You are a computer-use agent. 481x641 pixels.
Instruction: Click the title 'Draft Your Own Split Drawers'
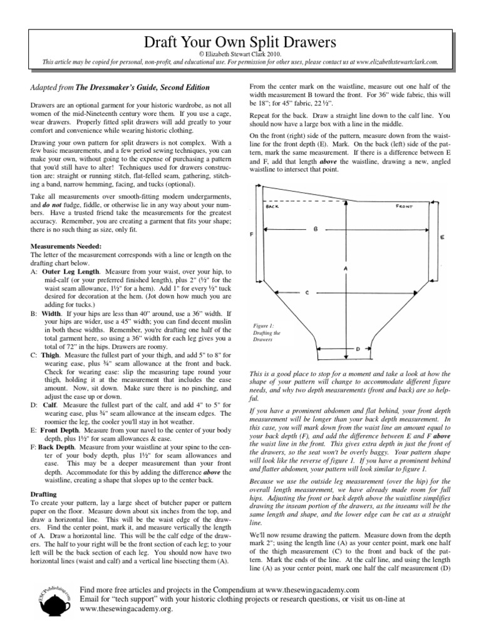[x=240, y=43]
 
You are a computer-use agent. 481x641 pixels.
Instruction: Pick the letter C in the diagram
[x=307, y=292]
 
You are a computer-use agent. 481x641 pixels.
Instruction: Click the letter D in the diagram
[x=356, y=348]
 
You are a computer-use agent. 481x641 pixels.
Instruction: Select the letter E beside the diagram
[x=442, y=238]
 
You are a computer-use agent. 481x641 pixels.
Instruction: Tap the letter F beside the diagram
[x=251, y=235]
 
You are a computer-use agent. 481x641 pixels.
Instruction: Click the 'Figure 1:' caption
[x=264, y=326]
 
